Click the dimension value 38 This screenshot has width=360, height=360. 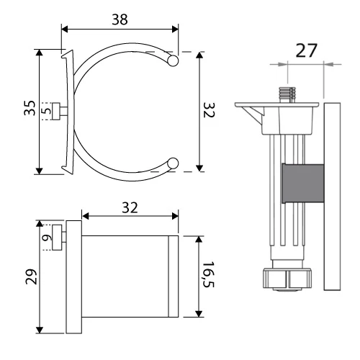tap(120, 19)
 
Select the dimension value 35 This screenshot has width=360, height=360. tap(30, 108)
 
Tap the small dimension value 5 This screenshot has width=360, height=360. tap(46, 111)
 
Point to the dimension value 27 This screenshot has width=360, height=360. tap(306, 50)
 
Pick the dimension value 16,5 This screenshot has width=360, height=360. tap(208, 274)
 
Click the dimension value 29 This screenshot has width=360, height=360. tap(31, 276)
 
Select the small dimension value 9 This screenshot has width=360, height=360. tap(47, 238)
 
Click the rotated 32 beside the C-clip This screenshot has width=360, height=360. tap(209, 110)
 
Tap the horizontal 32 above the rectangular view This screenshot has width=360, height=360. tap(130, 207)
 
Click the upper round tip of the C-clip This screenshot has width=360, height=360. tap(173, 60)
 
